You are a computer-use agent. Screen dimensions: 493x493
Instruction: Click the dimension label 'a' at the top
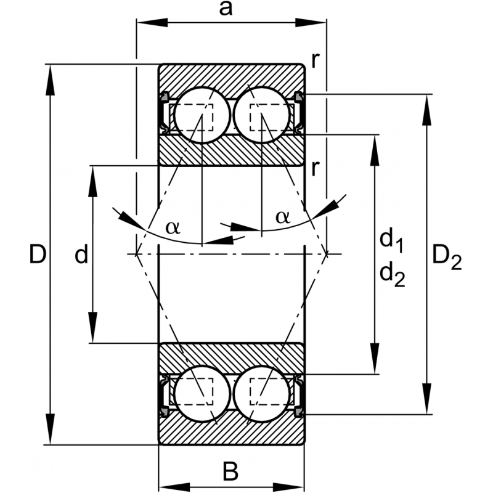click(226, 9)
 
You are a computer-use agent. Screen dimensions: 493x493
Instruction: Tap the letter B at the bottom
click(230, 471)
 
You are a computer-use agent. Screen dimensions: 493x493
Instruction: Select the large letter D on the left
click(38, 254)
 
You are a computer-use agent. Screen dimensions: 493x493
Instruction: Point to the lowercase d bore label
click(81, 254)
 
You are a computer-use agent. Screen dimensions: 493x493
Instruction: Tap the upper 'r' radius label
click(315, 60)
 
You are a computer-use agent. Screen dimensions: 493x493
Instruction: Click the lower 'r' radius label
click(315, 168)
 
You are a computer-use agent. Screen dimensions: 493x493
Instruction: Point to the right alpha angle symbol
click(283, 217)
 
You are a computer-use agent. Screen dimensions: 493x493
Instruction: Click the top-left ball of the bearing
click(202, 115)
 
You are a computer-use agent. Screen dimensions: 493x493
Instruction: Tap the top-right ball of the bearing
click(261, 115)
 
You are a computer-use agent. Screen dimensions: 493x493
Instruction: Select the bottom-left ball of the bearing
click(202, 394)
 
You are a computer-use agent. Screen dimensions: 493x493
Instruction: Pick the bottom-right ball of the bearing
click(261, 394)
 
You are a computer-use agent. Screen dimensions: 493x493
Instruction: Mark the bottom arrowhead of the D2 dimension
click(427, 399)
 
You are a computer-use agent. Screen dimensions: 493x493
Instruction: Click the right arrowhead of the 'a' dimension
click(311, 23)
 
